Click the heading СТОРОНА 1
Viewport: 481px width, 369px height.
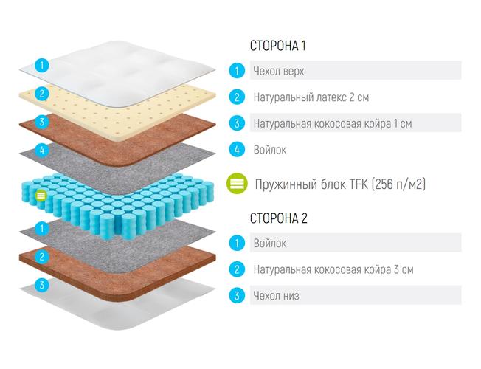click(x=278, y=46)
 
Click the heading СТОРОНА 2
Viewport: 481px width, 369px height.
click(x=278, y=218)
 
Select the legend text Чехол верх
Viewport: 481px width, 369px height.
click(x=278, y=72)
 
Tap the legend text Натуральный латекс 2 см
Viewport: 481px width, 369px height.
click(x=311, y=97)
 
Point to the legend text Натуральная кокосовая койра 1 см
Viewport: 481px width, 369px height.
click(x=332, y=123)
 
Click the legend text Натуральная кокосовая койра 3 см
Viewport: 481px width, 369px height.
click(x=333, y=269)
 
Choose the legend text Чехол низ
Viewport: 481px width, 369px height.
click(x=276, y=296)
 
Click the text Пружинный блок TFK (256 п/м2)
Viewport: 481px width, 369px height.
click(x=339, y=184)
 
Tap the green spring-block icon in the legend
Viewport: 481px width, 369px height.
click(x=237, y=184)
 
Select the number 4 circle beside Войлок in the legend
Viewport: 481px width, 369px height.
click(x=237, y=150)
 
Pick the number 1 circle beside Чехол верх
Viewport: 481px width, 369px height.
click(x=237, y=72)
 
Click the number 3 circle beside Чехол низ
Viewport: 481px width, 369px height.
click(x=237, y=296)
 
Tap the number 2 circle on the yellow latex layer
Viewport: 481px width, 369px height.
click(x=43, y=94)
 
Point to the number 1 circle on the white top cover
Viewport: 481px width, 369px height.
click(x=43, y=65)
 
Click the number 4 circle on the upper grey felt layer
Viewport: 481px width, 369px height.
click(x=43, y=150)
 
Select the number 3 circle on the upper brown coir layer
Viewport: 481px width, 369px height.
click(x=43, y=122)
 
